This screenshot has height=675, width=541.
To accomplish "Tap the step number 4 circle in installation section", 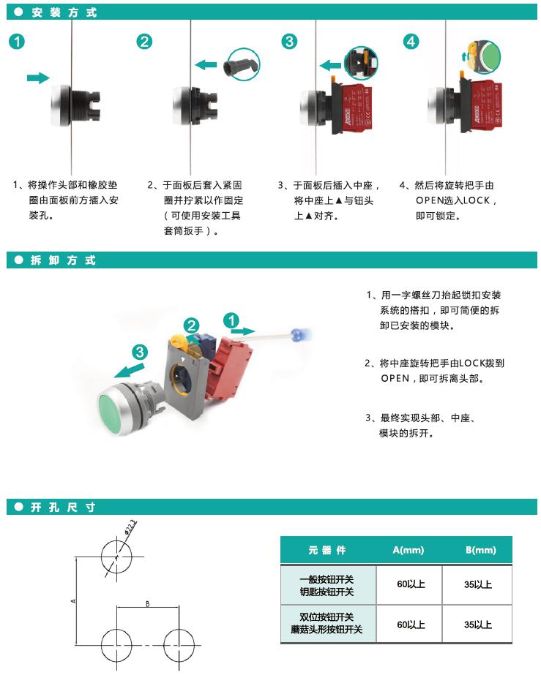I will tap(411, 41).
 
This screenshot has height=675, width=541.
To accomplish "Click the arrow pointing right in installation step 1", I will tap(37, 78).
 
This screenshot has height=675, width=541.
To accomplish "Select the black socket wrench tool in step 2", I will tap(242, 65).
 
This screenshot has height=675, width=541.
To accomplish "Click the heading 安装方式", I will tap(64, 12).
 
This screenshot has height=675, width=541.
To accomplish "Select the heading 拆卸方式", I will tap(64, 260).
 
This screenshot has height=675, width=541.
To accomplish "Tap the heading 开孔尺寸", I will tap(64, 508).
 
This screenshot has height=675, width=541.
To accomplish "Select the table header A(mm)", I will tap(408, 550).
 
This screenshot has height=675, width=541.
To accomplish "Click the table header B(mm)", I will tap(480, 550).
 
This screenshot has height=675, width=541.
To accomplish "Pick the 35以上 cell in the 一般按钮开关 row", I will tap(478, 584).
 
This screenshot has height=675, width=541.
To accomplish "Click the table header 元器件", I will tap(327, 550).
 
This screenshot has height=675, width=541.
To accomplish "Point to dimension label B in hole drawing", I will tap(148, 603).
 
